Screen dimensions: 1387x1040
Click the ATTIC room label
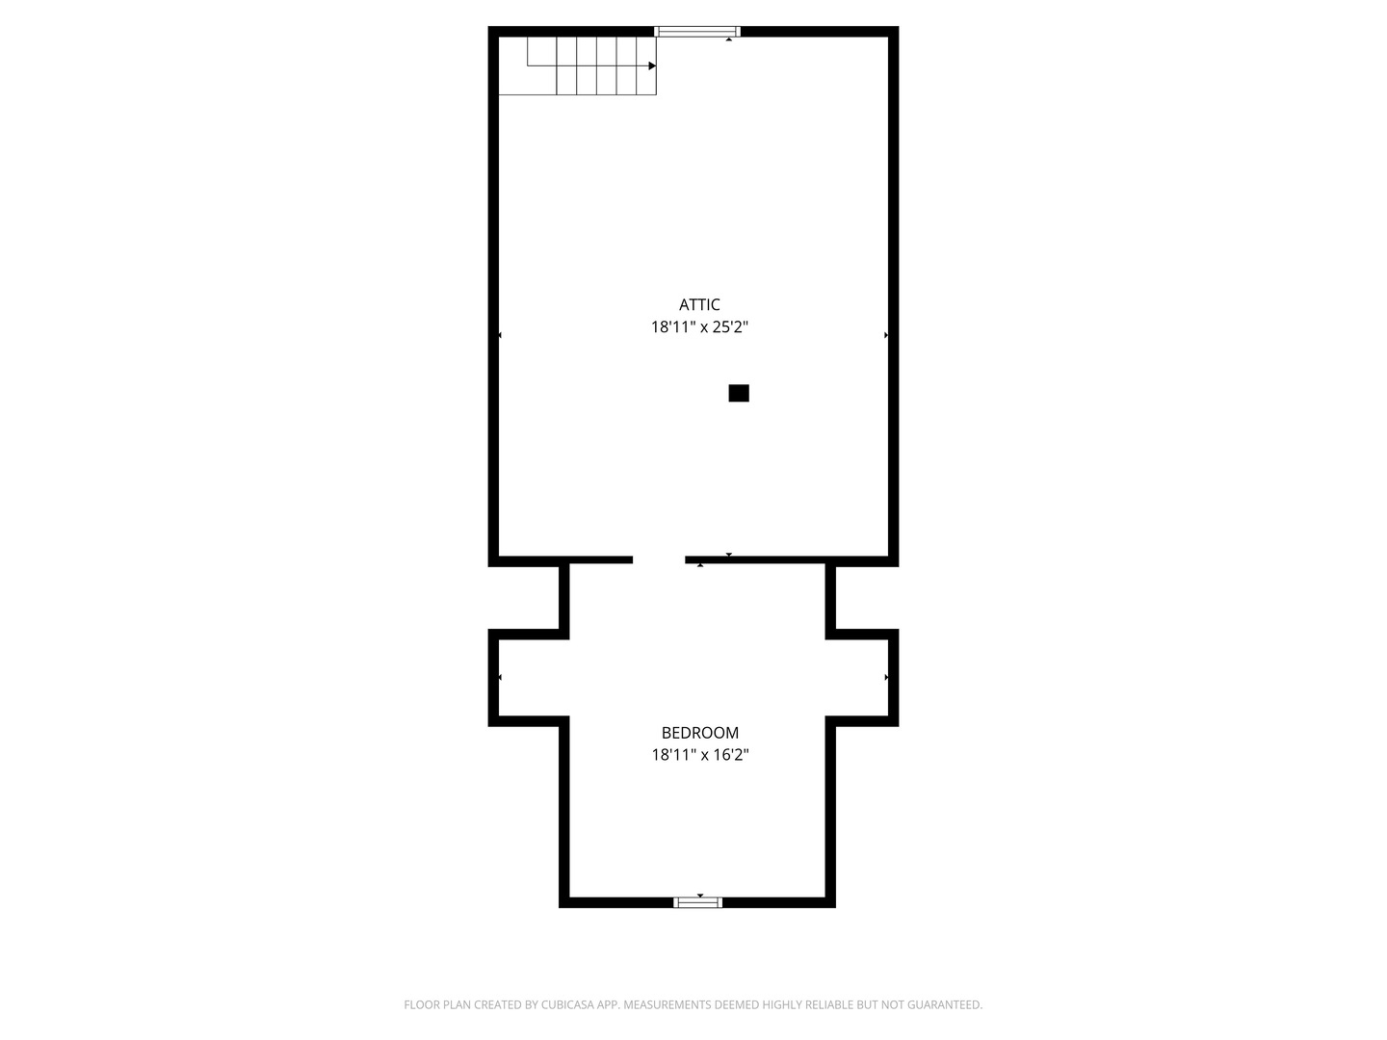[x=699, y=304]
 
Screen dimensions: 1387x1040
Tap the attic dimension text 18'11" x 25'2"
[x=699, y=326]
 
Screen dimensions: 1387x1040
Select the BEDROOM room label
[x=699, y=733]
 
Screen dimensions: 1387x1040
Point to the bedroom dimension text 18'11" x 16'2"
[x=699, y=755]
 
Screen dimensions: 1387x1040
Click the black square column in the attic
[x=738, y=393]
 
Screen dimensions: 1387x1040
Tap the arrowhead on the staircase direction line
[x=652, y=65]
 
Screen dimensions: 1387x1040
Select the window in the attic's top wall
[x=696, y=32]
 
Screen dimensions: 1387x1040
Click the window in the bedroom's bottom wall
[x=697, y=902]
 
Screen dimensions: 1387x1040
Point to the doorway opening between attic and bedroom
[x=659, y=559]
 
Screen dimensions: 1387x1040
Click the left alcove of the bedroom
[x=530, y=678]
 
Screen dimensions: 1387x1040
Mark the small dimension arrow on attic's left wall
[x=500, y=335]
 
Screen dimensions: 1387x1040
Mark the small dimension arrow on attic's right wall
[x=886, y=335]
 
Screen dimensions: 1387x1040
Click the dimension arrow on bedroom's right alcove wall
[x=886, y=677]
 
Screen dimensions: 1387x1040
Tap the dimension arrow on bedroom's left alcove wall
[x=500, y=677]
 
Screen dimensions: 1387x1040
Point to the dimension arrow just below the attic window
[x=728, y=39]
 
